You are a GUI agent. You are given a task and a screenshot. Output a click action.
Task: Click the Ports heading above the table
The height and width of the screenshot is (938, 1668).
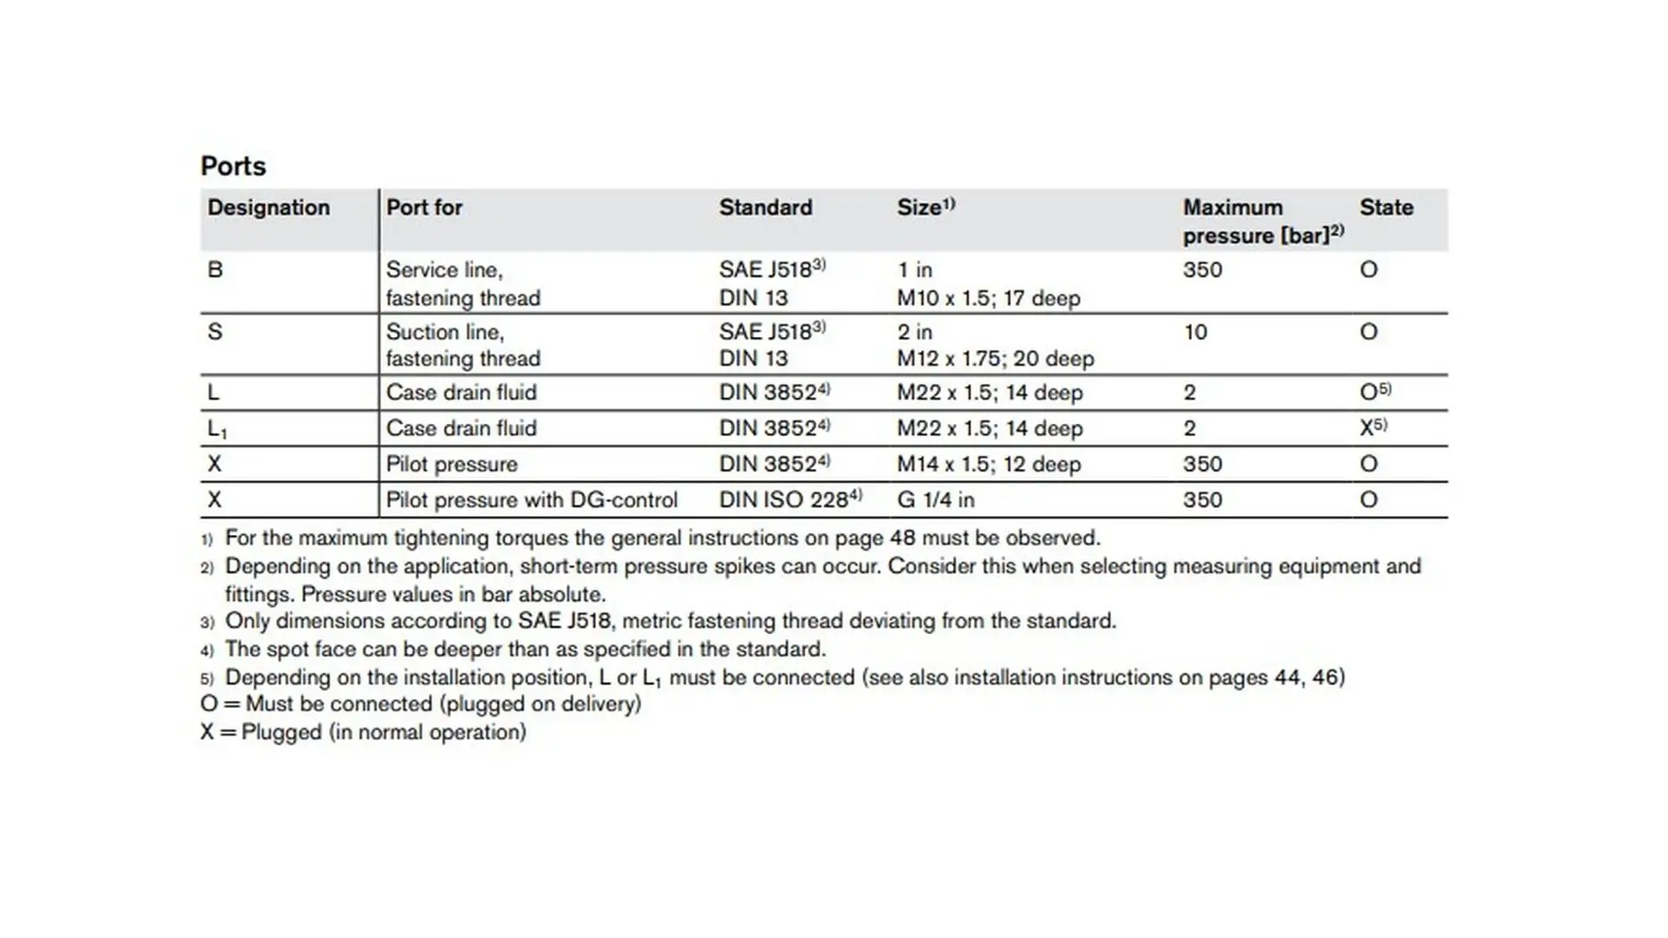(233, 166)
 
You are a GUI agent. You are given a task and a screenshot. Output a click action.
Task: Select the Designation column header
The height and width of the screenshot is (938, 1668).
(268, 208)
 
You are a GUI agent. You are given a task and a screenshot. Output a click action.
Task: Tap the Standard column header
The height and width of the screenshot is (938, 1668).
(765, 208)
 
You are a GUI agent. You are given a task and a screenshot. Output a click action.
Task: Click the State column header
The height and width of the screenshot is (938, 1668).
(1386, 208)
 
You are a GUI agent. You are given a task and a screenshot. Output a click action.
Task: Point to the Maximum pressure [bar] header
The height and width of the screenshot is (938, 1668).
(1262, 221)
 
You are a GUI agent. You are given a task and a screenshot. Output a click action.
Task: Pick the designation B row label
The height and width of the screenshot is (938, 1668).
(215, 270)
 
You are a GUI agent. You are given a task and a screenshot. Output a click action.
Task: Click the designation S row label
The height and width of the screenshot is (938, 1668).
(215, 332)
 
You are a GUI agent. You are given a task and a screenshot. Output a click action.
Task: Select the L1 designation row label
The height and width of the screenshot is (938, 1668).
(217, 428)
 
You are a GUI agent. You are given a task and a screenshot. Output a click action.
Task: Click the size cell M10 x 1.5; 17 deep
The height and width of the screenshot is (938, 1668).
(989, 298)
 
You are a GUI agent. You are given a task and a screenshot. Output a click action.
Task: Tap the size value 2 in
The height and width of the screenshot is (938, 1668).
(915, 332)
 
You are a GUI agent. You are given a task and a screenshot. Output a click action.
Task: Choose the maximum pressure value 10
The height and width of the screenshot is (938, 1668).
(1195, 332)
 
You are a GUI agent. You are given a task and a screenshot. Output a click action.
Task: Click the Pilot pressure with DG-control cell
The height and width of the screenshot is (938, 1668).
(531, 500)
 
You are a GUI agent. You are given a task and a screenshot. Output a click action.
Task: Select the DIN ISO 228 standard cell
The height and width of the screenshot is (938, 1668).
(790, 499)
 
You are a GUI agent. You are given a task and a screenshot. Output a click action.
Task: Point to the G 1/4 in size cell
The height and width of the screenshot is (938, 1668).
(936, 500)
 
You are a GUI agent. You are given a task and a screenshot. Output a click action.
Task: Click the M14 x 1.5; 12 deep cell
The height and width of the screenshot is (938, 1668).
(989, 465)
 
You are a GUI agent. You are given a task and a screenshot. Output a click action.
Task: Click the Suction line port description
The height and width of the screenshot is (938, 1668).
(445, 332)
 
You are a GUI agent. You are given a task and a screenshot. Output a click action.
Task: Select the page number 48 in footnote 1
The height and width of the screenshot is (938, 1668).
(902, 538)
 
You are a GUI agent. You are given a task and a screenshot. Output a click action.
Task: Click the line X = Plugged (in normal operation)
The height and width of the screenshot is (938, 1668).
(363, 732)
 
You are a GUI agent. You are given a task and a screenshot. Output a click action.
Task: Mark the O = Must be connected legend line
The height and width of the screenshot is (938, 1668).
(420, 703)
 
